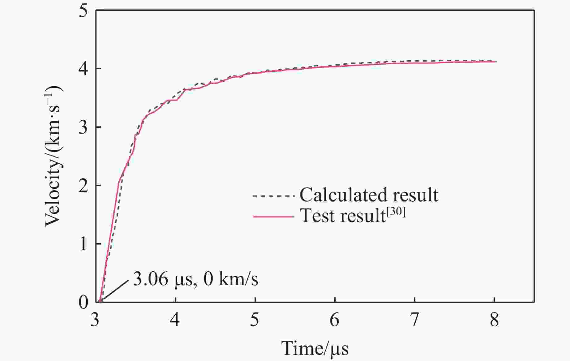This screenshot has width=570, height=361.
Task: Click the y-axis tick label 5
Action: click(83, 11)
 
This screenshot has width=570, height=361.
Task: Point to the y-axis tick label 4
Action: click(83, 69)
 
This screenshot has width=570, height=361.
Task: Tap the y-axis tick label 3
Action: click(83, 127)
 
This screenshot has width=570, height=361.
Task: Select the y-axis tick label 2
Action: click(83, 186)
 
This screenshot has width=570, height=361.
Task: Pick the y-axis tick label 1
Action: click(83, 244)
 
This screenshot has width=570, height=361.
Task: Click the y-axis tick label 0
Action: click(83, 302)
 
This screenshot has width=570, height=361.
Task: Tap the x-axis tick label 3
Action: click(95, 320)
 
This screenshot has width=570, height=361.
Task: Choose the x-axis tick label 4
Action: click(175, 320)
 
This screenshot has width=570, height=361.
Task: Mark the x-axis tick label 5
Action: click(255, 320)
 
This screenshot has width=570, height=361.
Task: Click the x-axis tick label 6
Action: click(335, 320)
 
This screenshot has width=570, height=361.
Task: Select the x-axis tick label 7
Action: click(414, 320)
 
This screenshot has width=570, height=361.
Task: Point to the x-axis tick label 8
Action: click(494, 320)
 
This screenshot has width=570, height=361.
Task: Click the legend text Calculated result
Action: click(369, 195)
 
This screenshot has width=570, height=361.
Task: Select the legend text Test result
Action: click(343, 216)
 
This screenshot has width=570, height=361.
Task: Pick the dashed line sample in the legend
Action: click(273, 196)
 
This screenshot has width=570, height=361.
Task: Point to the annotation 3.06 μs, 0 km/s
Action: click(195, 279)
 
